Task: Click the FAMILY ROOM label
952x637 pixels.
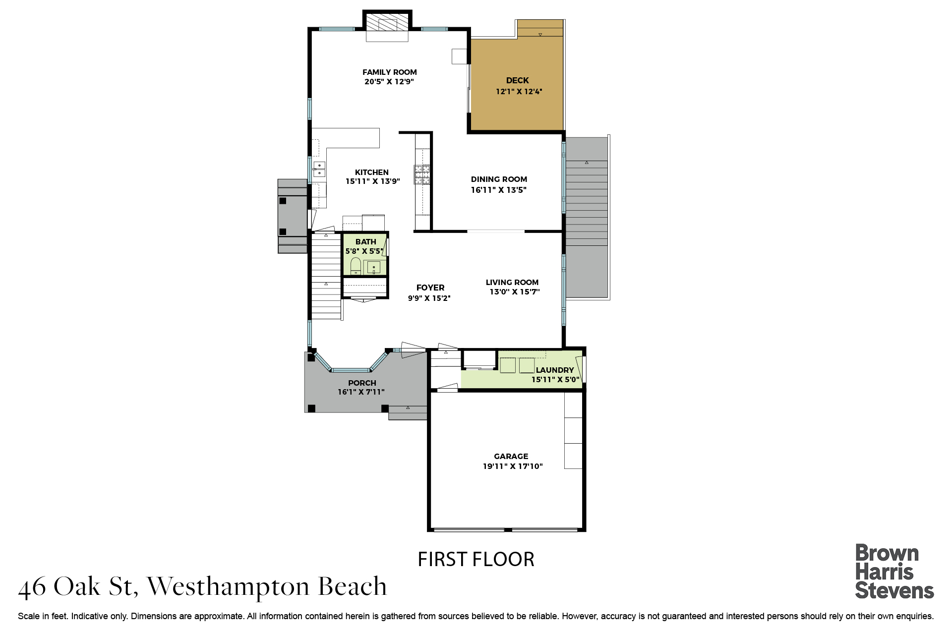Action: pyautogui.click(x=390, y=72)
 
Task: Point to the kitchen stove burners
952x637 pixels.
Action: pyautogui.click(x=422, y=174)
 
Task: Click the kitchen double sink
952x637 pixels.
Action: pyautogui.click(x=319, y=170)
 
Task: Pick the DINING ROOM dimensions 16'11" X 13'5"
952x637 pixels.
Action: pyautogui.click(x=499, y=190)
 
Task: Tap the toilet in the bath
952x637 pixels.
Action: pyautogui.click(x=356, y=266)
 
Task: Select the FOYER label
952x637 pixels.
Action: pyautogui.click(x=430, y=288)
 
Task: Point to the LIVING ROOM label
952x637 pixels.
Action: pyautogui.click(x=512, y=283)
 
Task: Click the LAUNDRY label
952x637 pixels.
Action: pyautogui.click(x=555, y=370)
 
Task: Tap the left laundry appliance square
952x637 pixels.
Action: pyautogui.click(x=508, y=365)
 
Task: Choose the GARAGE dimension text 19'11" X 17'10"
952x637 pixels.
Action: pyautogui.click(x=513, y=466)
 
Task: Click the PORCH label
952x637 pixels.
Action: pyautogui.click(x=362, y=383)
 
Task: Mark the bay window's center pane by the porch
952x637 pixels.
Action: pyautogui.click(x=351, y=370)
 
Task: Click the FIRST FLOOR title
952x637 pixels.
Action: pyautogui.click(x=476, y=559)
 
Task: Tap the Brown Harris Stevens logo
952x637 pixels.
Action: pyautogui.click(x=894, y=571)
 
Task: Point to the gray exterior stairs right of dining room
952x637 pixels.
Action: pyautogui.click(x=587, y=218)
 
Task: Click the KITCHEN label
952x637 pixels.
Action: pyautogui.click(x=372, y=173)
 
